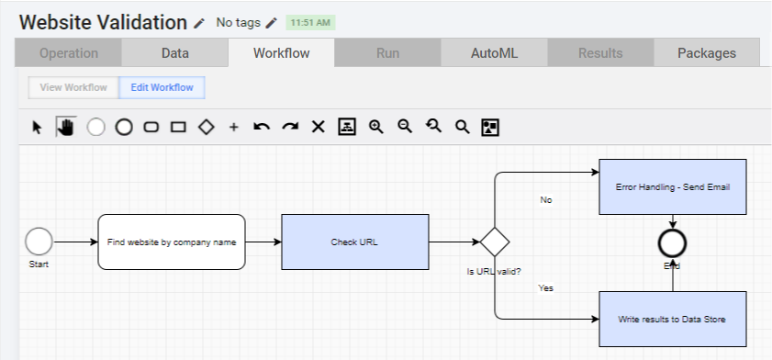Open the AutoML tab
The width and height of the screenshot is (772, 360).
(x=494, y=53)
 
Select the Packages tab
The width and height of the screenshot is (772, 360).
(x=707, y=53)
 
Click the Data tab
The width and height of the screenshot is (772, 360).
(x=174, y=53)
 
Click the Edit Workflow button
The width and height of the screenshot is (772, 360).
(x=162, y=87)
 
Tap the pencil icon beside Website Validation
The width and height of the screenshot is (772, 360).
(x=199, y=23)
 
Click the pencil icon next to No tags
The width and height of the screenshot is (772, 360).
(x=272, y=23)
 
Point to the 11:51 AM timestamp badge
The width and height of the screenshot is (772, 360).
(x=310, y=23)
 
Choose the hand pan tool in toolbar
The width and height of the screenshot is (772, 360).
(x=66, y=127)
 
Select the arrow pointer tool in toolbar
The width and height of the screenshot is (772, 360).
(x=38, y=128)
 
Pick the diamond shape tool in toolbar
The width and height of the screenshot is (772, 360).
(x=207, y=127)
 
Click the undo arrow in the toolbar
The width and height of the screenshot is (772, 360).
(x=262, y=127)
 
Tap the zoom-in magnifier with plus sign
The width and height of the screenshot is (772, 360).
(x=376, y=127)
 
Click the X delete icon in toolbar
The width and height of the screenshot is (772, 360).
(x=319, y=127)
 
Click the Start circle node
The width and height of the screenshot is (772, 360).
(x=39, y=242)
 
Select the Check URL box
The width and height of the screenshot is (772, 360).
(x=355, y=242)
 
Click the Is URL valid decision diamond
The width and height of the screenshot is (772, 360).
(x=495, y=242)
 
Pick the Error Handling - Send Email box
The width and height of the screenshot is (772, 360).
(x=673, y=187)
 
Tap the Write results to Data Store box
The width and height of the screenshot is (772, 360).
(x=673, y=319)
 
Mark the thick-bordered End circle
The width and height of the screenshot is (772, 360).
(x=673, y=243)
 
